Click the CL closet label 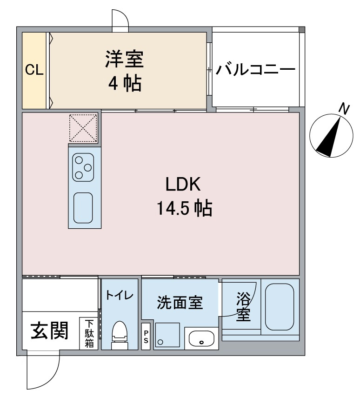point(34,70)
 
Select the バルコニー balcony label point(255,70)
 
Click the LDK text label point(183,185)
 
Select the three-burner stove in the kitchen point(83,167)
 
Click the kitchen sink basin point(83,207)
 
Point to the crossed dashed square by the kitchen point(84,128)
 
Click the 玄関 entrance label point(49,331)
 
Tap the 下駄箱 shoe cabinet point(88,333)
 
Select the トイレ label point(120,295)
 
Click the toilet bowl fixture point(120,334)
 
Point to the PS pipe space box point(146,336)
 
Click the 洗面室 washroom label point(179,303)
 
